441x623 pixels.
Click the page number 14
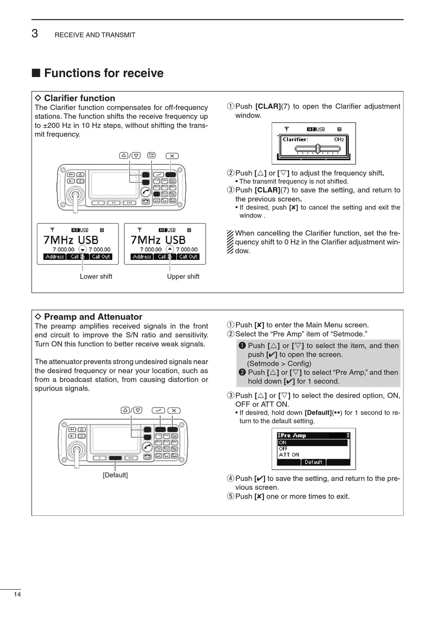pos(17,595)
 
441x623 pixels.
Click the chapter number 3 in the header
pos(35,33)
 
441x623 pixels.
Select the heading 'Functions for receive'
pos(104,73)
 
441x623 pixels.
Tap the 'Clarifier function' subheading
pos(79,98)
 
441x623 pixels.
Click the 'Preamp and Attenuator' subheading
pos(93,317)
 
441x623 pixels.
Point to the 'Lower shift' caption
pos(96,277)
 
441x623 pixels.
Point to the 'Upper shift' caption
pos(183,277)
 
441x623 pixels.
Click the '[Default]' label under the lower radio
pos(115,475)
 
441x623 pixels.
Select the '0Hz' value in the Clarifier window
pos(339,139)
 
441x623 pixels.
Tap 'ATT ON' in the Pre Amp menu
pos(289,455)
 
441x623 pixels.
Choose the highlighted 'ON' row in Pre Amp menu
pos(312,443)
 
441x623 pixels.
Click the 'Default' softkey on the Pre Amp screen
pos(313,462)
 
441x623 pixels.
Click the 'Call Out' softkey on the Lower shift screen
pos(101,257)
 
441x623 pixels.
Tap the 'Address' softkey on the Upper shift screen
pos(142,257)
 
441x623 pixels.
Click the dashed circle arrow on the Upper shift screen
pos(170,249)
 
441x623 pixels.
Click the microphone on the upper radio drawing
pos(74,197)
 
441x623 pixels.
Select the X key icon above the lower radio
pos(174,410)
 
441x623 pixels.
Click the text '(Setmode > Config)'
pos(279,363)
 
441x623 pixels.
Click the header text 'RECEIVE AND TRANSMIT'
pos(95,35)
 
